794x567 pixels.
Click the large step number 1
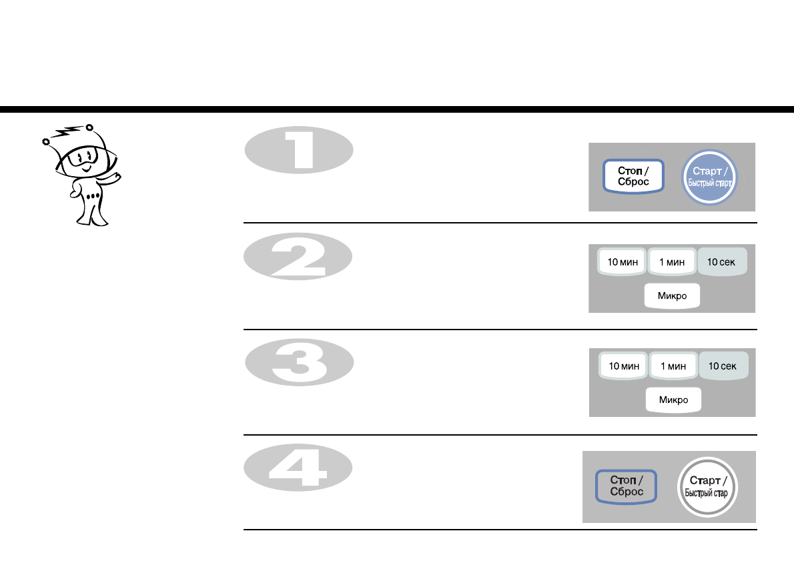tap(299, 149)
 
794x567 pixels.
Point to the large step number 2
tap(298, 258)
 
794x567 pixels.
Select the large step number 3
tap(299, 364)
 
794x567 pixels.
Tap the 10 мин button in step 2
tap(623, 262)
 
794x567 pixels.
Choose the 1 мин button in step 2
tap(672, 262)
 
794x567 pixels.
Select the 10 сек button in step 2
tap(721, 262)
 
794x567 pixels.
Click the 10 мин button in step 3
tap(624, 366)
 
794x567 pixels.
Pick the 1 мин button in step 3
tap(673, 366)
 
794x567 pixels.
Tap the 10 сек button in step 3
tap(723, 366)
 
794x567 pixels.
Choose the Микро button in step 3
tap(673, 400)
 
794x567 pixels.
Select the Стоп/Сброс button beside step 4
tap(626, 486)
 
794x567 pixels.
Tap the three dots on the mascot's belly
tap(94, 196)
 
